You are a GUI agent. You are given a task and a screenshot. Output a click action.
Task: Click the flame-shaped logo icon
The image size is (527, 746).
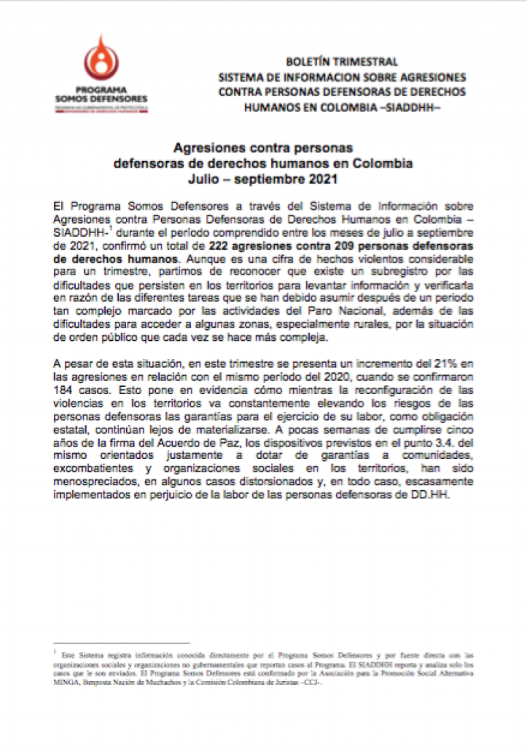[x=101, y=60]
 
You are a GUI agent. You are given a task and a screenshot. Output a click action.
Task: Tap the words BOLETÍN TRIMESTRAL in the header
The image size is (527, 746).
[x=341, y=63]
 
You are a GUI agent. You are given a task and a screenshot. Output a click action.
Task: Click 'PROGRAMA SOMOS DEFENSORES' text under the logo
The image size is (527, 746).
[x=101, y=94]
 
